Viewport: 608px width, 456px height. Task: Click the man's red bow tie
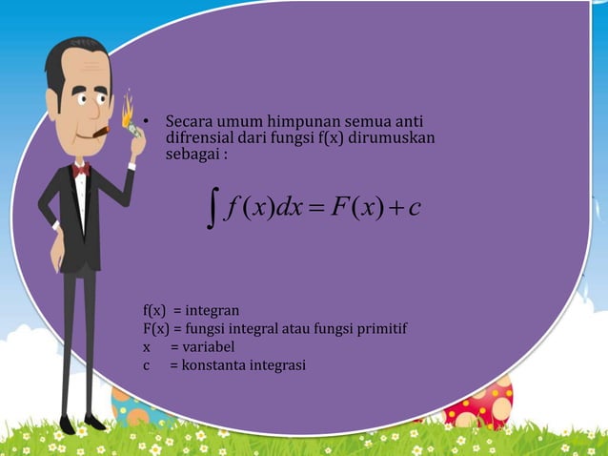[x=81, y=169]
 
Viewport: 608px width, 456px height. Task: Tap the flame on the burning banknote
[x=127, y=106]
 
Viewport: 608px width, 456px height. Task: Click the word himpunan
[x=300, y=123]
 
